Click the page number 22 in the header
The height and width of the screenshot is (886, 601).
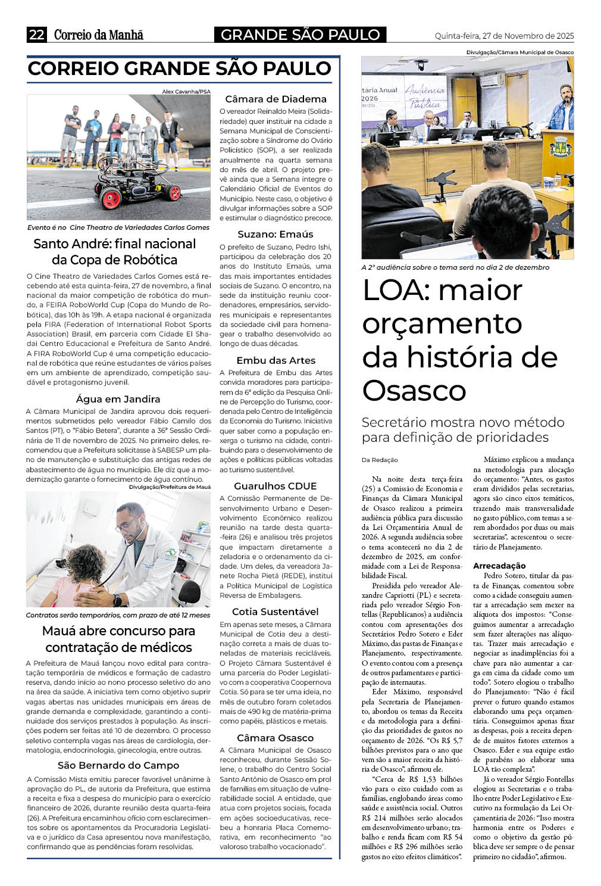[x=37, y=35]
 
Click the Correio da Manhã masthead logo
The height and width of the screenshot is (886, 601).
[x=98, y=35]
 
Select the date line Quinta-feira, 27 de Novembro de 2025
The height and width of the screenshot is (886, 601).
[x=504, y=36]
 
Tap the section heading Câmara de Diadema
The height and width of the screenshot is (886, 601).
[x=276, y=99]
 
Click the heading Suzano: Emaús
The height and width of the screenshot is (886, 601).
[x=276, y=234]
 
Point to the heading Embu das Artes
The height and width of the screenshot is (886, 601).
[x=276, y=360]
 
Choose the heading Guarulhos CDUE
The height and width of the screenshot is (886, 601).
[x=276, y=486]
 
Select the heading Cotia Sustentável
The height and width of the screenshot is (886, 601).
[x=276, y=612]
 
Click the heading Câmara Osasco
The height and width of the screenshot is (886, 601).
[x=276, y=738]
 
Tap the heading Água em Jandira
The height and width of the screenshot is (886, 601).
[x=118, y=399]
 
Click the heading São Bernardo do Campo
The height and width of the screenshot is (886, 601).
[x=118, y=765]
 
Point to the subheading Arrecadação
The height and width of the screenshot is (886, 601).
[x=499, y=566]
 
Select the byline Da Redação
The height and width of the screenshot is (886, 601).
[x=380, y=460]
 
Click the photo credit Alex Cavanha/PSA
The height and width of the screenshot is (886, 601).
[x=186, y=91]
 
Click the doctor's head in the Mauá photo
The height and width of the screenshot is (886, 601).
[x=132, y=515]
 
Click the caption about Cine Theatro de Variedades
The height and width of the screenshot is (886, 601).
[x=118, y=227]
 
